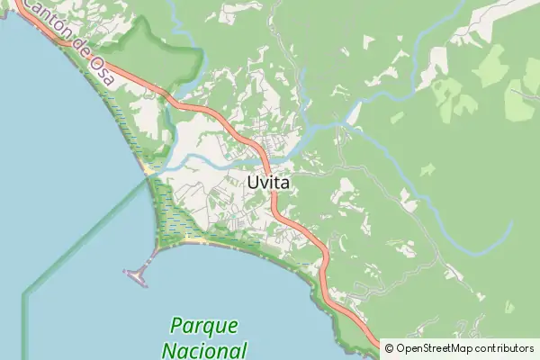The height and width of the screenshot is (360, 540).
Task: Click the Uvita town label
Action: pos(267,182)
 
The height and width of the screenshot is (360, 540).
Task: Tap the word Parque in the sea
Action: pos(203,325)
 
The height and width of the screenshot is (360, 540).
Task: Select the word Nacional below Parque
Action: pos(206,349)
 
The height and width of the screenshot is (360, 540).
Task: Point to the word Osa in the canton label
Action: pos(101,74)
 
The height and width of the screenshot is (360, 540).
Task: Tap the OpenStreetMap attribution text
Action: pos(459,347)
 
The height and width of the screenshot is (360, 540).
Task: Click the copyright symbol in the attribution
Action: pos(389,347)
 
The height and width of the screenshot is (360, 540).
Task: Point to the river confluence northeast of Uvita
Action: pos(346,122)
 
